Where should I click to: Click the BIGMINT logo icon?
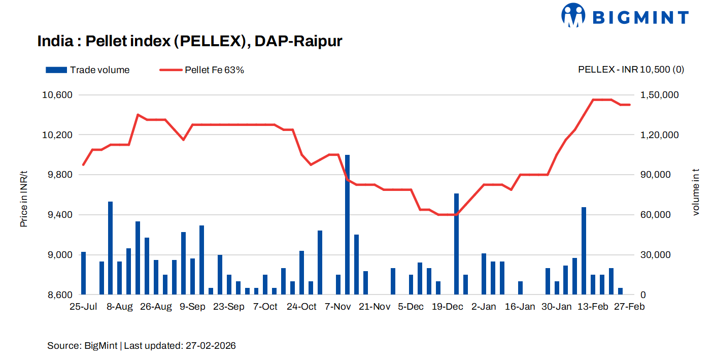click(573, 15)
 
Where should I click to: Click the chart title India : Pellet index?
click(189, 41)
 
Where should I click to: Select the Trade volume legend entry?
click(87, 70)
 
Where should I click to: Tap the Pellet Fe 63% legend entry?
click(202, 70)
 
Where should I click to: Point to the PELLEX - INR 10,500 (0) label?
click(631, 70)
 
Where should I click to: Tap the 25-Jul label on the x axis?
click(83, 307)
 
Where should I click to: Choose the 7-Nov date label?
click(338, 307)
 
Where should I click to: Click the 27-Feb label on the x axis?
click(629, 307)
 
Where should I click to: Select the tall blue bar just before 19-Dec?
click(456, 244)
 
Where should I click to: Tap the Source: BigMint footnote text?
click(142, 346)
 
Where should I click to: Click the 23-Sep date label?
click(229, 307)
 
